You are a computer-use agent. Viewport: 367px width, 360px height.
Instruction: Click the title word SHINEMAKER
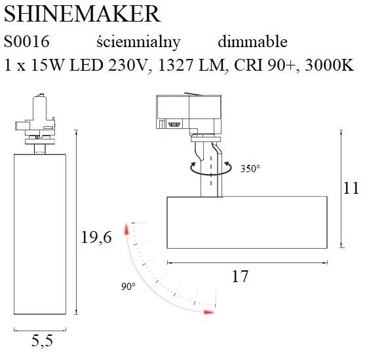pyautogui.click(x=82, y=14)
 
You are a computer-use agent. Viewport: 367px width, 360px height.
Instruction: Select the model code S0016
pyautogui.click(x=27, y=42)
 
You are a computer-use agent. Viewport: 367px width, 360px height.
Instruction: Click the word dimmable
pyautogui.click(x=252, y=42)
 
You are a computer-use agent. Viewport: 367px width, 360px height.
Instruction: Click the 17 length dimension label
pyautogui.click(x=241, y=277)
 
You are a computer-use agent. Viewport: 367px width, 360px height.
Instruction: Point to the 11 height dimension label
pyautogui.click(x=352, y=189)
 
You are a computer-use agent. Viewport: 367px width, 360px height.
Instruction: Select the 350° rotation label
pyautogui.click(x=250, y=168)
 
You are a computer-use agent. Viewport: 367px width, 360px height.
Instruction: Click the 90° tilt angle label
pyautogui.click(x=128, y=287)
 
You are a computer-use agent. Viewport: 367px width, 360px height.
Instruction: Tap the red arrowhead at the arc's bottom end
pyautogui.click(x=209, y=312)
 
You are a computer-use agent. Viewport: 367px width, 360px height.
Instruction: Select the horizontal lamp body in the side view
pyautogui.click(x=247, y=223)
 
